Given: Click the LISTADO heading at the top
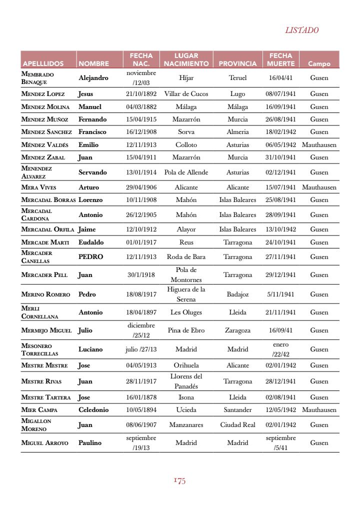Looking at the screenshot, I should coord(301,30).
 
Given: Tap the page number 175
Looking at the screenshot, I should coord(179,481).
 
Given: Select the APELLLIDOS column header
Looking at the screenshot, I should coord(43,64).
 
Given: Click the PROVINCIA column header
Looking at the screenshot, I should coord(237,64).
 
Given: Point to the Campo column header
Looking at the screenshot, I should coord(319,64).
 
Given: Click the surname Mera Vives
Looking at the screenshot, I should coord(38,187).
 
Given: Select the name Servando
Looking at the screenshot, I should coord(92,172).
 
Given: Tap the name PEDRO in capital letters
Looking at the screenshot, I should coord(90,256).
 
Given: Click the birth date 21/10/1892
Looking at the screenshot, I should coord(141,93).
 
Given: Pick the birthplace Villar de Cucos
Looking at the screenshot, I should coord(186,93).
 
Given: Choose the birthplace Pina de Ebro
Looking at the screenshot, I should coord(186,330).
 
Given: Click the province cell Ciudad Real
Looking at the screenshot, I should coord(237,424).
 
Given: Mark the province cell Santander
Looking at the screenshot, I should coord(237,409).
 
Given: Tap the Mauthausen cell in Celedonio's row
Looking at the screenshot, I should coord(319,409).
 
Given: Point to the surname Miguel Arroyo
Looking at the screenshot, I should coord(44,442).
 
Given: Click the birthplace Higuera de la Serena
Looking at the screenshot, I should coord(186,294).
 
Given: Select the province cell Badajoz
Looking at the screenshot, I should coord(237,294).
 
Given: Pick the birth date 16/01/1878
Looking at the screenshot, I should coord(141,397).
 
